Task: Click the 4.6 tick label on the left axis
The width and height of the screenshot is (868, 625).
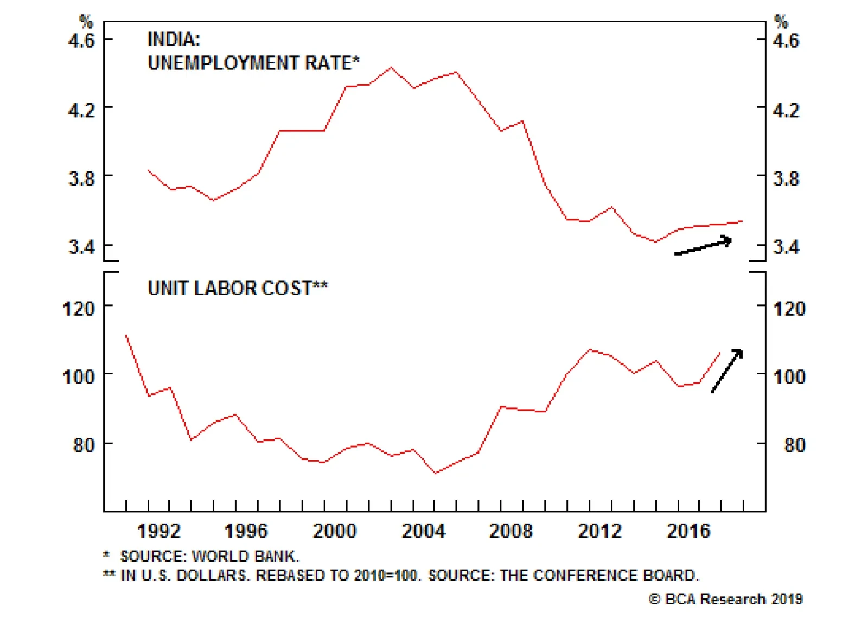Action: click(81, 41)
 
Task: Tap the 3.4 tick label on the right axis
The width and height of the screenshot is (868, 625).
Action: click(786, 247)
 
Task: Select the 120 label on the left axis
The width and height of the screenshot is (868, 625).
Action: click(79, 309)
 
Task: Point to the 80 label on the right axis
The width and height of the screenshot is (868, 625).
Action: click(794, 445)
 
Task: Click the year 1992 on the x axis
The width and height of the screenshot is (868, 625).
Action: click(158, 531)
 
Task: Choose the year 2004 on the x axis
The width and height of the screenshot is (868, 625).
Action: click(423, 531)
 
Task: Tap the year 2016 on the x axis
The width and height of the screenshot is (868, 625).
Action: click(688, 531)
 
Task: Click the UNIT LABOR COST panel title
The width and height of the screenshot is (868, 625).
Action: click(238, 289)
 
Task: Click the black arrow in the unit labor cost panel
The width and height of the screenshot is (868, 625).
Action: click(727, 370)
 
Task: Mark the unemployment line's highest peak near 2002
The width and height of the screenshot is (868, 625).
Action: click(392, 68)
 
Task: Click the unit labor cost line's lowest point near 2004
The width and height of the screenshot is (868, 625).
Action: click(435, 473)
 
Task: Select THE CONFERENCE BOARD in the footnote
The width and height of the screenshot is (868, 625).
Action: click(599, 576)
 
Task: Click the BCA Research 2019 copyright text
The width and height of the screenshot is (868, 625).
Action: click(726, 600)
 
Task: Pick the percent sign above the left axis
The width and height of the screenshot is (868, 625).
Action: click(86, 22)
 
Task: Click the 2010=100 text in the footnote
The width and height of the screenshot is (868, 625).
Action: click(387, 576)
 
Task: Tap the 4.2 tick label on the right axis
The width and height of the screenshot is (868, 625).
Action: click(786, 111)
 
